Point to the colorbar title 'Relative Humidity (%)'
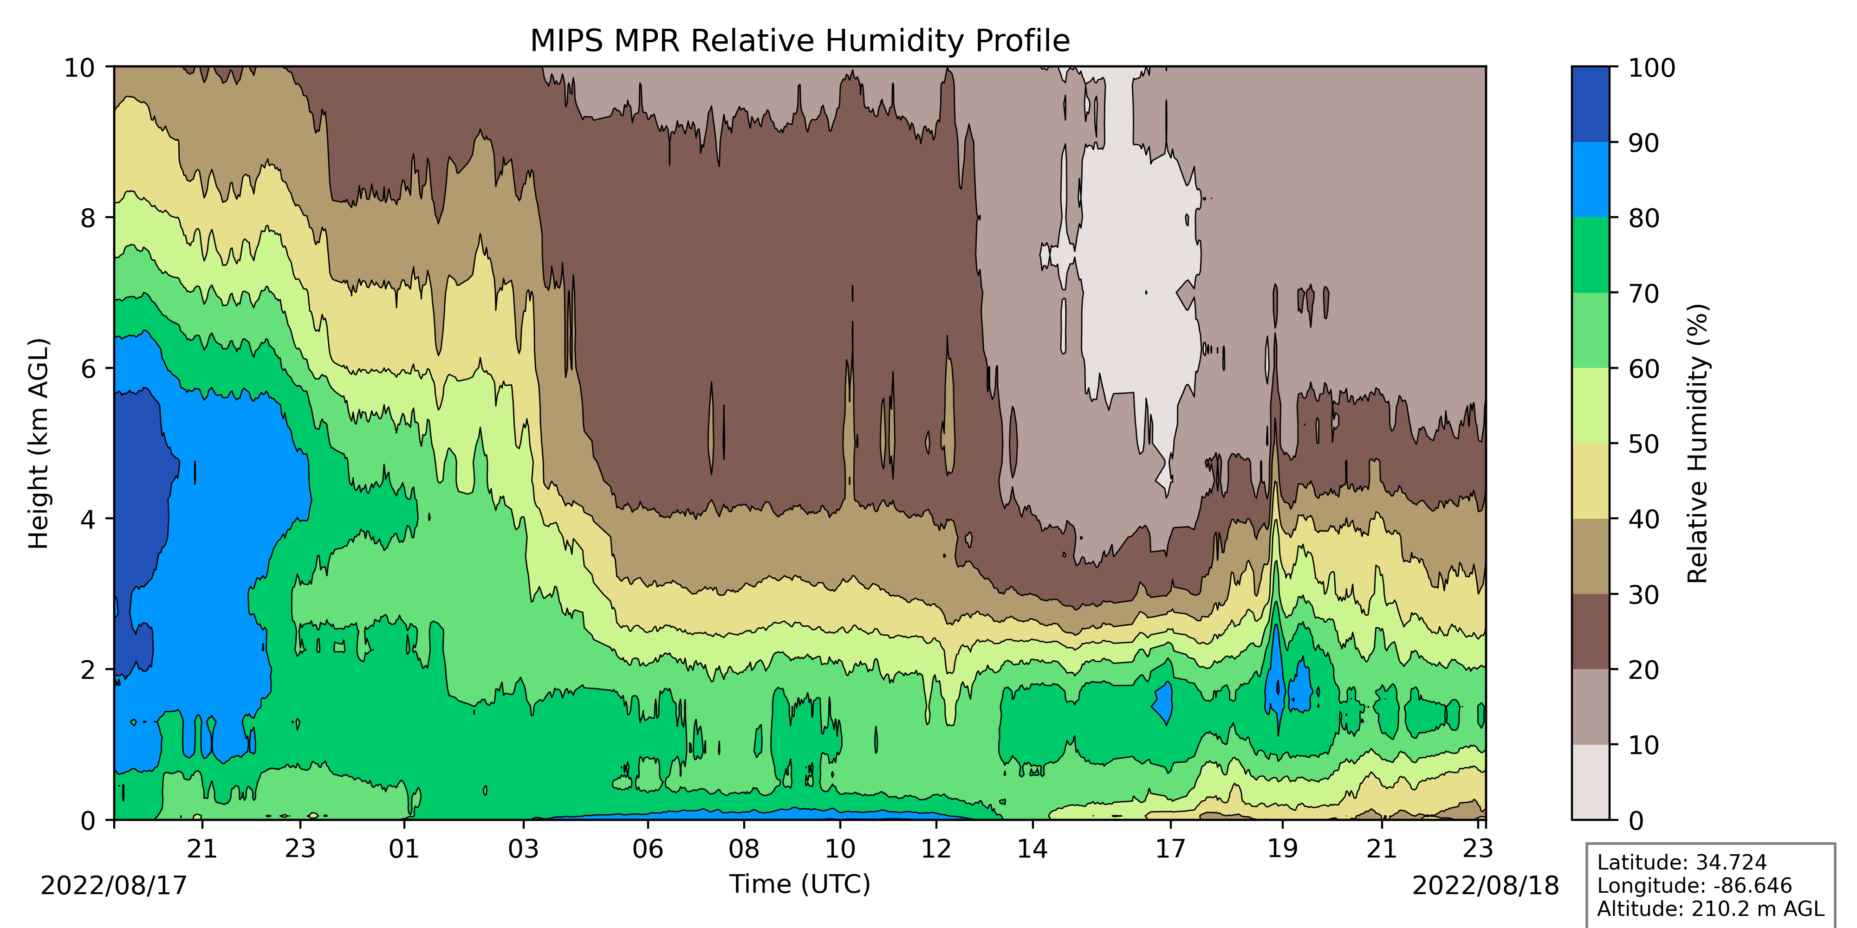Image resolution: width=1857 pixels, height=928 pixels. coord(1698,443)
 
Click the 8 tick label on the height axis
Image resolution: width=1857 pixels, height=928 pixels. coord(88,218)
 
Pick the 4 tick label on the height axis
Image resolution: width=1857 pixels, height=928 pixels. coord(88,519)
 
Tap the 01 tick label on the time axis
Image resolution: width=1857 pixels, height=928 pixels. coord(404,849)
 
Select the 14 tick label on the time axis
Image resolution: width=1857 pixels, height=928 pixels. coord(1032,849)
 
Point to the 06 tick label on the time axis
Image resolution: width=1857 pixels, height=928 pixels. coord(647,849)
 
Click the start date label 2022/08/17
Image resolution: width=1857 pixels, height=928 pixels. coord(113,885)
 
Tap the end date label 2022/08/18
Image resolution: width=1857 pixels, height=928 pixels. coord(1485,885)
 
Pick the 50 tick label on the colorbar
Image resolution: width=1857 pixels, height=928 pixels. coord(1643,444)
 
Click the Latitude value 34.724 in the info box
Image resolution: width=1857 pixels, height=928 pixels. coord(1731,863)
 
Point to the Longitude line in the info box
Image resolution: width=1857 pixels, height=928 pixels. coord(1694,885)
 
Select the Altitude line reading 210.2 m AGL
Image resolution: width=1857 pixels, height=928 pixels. coord(1710,909)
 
